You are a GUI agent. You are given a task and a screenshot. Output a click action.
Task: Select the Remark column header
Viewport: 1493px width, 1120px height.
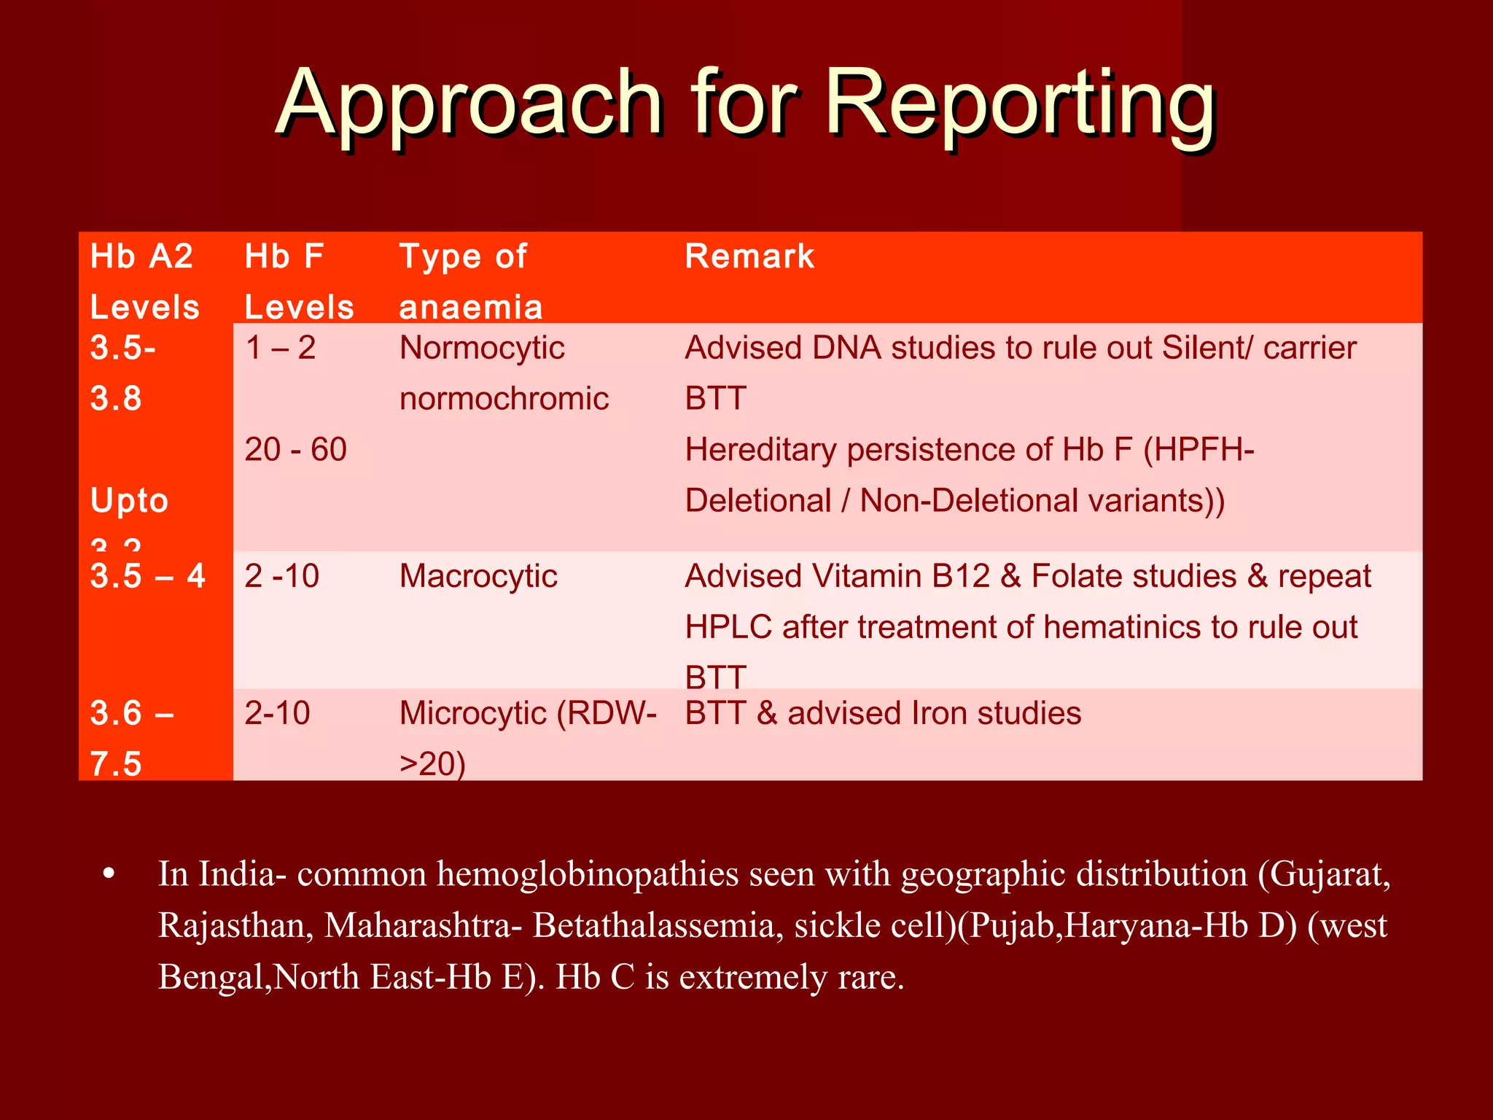(749, 257)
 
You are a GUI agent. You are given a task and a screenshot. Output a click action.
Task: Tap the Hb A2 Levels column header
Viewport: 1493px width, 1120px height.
(144, 281)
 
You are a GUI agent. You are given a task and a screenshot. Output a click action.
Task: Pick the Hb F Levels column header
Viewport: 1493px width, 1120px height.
(299, 281)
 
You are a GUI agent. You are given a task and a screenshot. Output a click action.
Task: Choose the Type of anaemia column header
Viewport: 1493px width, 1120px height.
(470, 281)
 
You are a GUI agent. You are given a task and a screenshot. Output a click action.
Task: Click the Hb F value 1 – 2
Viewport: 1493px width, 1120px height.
(281, 348)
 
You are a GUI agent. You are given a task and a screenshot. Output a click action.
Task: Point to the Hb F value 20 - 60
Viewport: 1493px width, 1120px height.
(295, 449)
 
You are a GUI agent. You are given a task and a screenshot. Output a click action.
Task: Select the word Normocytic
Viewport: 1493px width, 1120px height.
(482, 348)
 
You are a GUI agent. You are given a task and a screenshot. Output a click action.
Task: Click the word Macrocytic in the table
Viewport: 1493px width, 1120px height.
(478, 576)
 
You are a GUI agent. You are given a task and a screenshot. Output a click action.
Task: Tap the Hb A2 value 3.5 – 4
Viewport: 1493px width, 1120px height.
(148, 576)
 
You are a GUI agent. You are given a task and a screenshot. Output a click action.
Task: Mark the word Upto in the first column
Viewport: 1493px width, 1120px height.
(130, 501)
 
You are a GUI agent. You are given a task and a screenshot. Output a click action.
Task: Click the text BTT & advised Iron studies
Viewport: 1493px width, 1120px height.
(883, 713)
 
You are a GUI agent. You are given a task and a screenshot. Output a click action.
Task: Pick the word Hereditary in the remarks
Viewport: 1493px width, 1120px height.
(760, 449)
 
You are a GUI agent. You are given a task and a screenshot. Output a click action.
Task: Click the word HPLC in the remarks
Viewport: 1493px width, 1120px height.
(728, 627)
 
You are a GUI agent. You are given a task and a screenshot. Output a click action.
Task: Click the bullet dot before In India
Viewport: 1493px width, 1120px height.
(109, 874)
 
